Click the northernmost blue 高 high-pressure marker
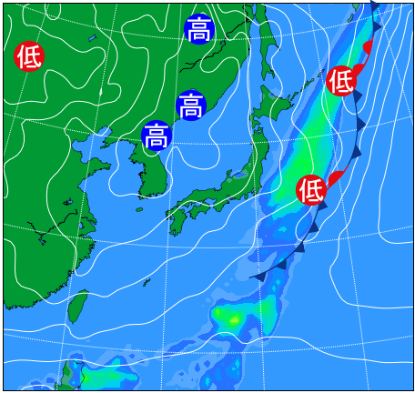click(x=198, y=29)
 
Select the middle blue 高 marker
click(x=191, y=106)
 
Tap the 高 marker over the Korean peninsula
click(x=157, y=136)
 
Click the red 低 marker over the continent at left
click(x=29, y=56)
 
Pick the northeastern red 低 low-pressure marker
click(x=340, y=80)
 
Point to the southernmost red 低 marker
click(x=311, y=189)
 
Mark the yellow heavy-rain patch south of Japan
click(x=229, y=317)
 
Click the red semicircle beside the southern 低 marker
click(x=335, y=177)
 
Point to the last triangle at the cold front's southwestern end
click(x=258, y=276)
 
